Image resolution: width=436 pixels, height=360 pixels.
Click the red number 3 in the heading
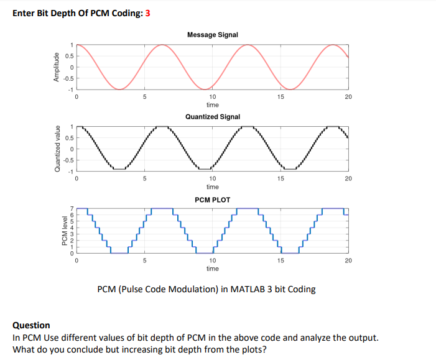pyautogui.click(x=147, y=14)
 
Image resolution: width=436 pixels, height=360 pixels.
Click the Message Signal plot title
pyautogui.click(x=212, y=35)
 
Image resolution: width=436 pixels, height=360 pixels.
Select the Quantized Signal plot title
pyautogui.click(x=212, y=116)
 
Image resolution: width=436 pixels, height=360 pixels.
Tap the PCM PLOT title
pyautogui.click(x=212, y=200)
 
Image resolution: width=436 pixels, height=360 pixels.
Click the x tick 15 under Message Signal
pyautogui.click(x=280, y=97)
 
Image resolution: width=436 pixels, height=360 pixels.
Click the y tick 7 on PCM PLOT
pyautogui.click(x=72, y=209)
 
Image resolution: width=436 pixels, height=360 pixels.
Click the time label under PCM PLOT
pyautogui.click(x=212, y=269)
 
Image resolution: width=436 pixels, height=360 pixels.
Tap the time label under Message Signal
pyautogui.click(x=212, y=105)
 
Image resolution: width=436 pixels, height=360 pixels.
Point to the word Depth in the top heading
pyautogui.click(x=65, y=14)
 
